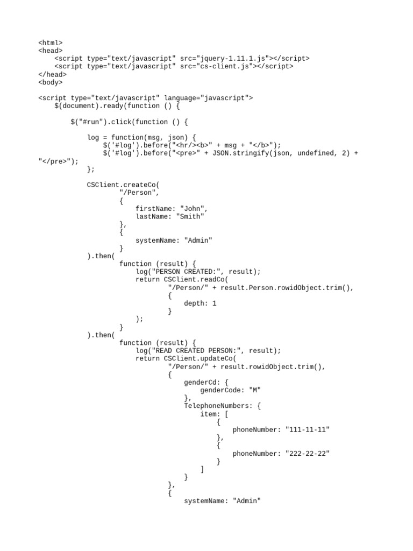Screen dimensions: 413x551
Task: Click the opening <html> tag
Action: click(50, 43)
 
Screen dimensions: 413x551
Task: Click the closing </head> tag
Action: click(52, 74)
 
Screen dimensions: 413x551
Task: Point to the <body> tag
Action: click(50, 82)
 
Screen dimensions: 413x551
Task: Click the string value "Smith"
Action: click(190, 216)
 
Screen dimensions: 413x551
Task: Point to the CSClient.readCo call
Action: click(194, 280)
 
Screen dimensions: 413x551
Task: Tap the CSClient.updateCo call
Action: click(198, 359)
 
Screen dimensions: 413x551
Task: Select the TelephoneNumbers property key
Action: click(216, 406)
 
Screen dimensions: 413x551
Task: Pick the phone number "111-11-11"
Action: click(308, 430)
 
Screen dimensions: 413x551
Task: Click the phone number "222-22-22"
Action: click(308, 454)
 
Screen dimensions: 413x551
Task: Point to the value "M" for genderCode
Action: click(255, 391)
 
